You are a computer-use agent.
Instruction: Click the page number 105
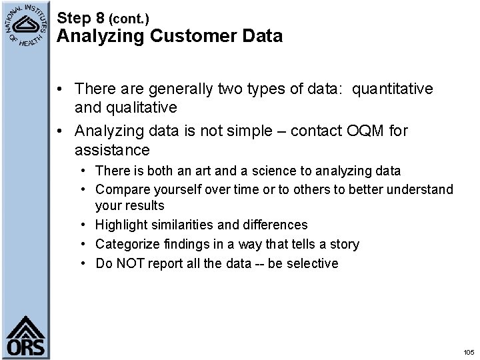tap(467, 352)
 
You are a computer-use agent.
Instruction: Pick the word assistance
tap(112, 149)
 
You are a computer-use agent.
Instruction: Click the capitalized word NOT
tap(130, 263)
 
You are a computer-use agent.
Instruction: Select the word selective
tap(313, 263)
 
